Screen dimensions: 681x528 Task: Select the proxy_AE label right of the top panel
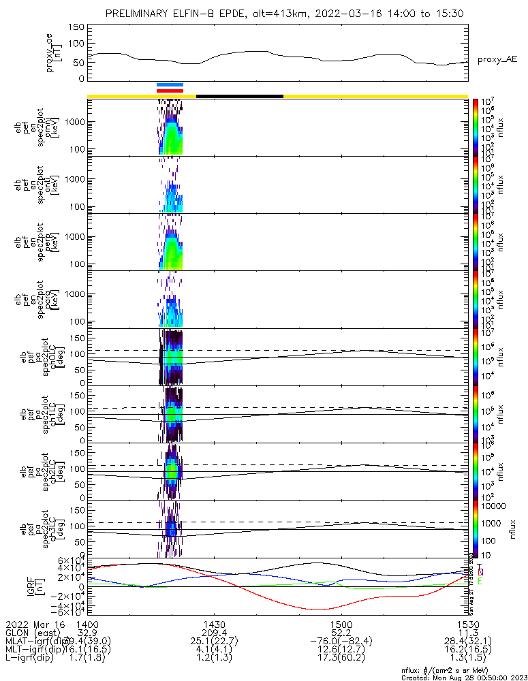pyautogui.click(x=497, y=60)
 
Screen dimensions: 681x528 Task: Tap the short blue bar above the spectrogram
pyautogui.click(x=170, y=84)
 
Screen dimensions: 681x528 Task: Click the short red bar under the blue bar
pyautogui.click(x=170, y=90)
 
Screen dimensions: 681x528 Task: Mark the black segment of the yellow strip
pyautogui.click(x=239, y=96)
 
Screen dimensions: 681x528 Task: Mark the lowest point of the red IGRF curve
pyautogui.click(x=318, y=609)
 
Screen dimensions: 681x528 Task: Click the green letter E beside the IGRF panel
pyautogui.click(x=480, y=581)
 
